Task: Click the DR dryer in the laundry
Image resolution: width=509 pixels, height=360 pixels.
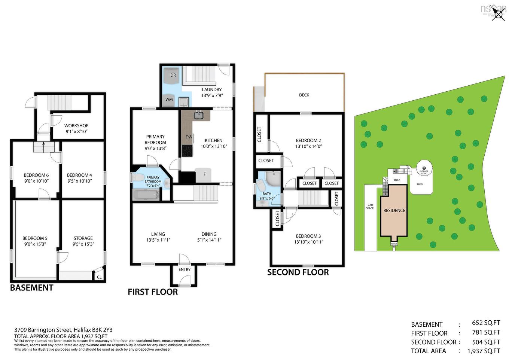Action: (x=173, y=76)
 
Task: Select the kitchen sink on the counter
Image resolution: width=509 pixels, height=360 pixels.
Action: (x=198, y=115)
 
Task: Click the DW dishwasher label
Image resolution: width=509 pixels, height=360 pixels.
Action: (x=189, y=137)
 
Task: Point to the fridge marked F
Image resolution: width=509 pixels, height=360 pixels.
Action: (x=204, y=175)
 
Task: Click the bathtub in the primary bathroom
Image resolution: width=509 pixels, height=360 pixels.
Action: (x=146, y=195)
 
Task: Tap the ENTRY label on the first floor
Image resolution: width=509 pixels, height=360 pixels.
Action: (x=185, y=269)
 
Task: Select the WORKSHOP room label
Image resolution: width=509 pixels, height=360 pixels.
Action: (x=76, y=126)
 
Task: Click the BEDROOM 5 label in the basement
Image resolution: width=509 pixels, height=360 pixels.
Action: (x=35, y=238)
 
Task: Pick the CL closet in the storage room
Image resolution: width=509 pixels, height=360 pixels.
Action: (x=99, y=277)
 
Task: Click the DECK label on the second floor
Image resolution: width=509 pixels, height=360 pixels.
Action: (x=304, y=95)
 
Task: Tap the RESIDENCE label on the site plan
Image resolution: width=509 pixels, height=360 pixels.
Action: (x=394, y=211)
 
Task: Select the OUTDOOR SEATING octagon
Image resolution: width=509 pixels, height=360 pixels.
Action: (x=424, y=171)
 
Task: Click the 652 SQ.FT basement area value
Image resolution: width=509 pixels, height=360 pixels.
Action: (x=486, y=323)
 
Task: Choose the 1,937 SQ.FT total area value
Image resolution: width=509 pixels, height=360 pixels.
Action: (x=483, y=351)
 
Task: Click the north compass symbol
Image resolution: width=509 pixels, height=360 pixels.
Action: (x=499, y=14)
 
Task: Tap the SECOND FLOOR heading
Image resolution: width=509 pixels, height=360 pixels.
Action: (x=298, y=272)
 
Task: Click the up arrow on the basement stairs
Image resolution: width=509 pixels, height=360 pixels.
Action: (x=43, y=144)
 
